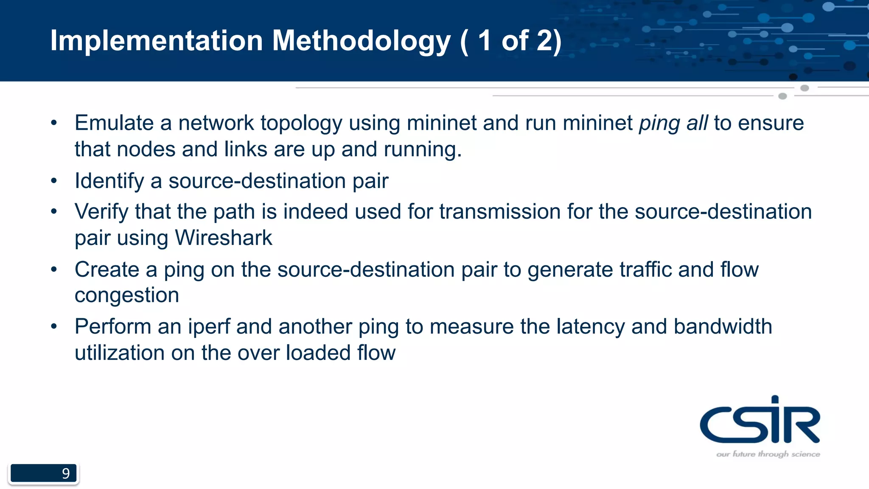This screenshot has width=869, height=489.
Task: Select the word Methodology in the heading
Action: [x=361, y=42]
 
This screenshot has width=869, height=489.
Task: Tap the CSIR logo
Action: [x=760, y=420]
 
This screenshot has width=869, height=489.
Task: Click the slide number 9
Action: [x=66, y=473]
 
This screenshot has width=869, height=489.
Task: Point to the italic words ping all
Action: [x=673, y=124]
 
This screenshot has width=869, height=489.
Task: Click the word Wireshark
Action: [x=223, y=238]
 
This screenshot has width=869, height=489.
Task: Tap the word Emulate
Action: [x=114, y=123]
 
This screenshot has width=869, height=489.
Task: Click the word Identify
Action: [x=109, y=181]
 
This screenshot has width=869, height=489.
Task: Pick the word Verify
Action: [x=101, y=212]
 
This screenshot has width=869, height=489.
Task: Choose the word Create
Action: [x=107, y=270]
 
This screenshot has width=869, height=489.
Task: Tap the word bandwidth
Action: [x=723, y=327]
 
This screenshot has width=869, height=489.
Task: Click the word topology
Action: [x=301, y=124]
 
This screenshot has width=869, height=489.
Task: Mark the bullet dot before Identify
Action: [x=54, y=181]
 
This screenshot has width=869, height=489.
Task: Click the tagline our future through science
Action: [x=768, y=454]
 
